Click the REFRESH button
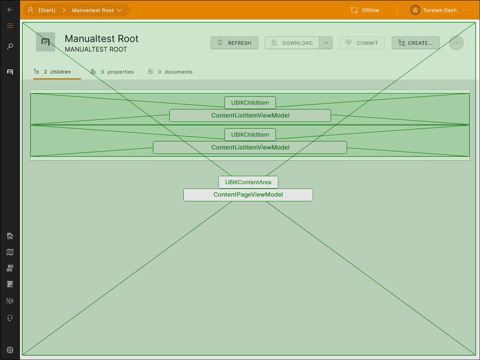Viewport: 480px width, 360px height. click(235, 43)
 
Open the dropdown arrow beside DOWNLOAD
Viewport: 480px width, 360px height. click(326, 43)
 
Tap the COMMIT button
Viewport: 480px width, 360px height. click(362, 43)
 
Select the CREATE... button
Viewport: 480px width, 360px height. click(415, 43)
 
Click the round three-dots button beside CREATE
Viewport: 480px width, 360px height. click(456, 43)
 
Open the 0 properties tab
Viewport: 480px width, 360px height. click(112, 72)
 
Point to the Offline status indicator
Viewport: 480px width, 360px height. click(365, 10)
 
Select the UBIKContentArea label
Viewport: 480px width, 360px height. click(248, 182)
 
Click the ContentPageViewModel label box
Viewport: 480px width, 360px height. click(248, 195)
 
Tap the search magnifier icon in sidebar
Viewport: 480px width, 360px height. click(10, 46)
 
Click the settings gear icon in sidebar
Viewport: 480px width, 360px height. click(10, 350)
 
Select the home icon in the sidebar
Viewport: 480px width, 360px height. click(10, 236)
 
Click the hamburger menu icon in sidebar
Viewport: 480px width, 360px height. click(10, 26)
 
